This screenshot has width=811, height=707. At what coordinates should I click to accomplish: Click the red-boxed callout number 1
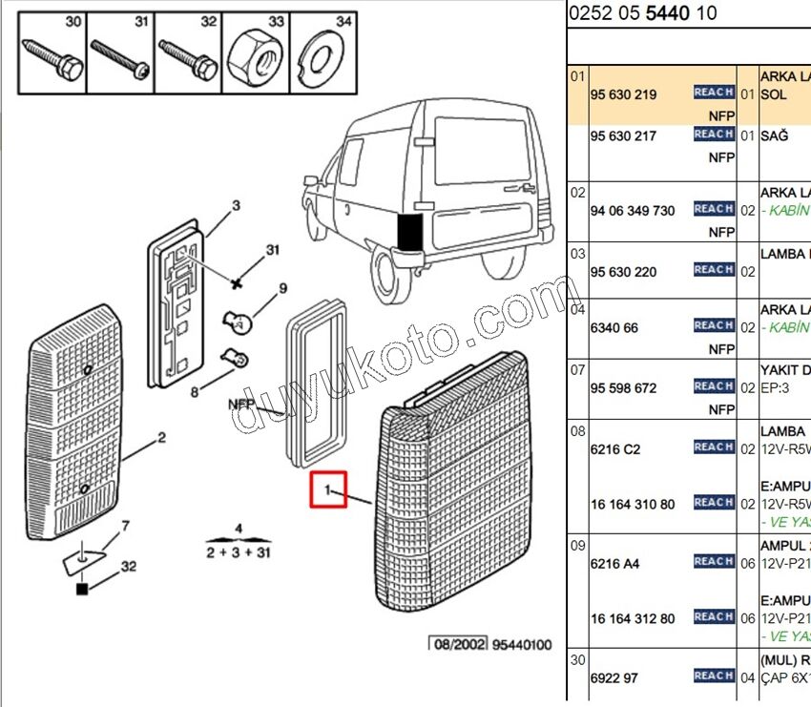point(327,490)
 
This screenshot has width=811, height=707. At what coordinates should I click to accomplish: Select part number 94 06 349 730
point(632,210)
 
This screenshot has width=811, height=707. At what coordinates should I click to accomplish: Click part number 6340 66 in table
point(614,327)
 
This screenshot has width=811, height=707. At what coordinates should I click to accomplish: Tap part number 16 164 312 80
point(632,618)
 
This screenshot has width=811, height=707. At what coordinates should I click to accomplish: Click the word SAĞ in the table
point(774,135)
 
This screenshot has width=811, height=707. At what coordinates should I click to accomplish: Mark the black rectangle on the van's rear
point(409,232)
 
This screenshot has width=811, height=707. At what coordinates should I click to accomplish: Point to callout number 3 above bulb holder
point(236,205)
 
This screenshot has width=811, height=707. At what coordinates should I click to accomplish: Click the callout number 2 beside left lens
point(161,438)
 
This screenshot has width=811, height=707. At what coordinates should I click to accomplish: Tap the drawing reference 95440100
point(522,645)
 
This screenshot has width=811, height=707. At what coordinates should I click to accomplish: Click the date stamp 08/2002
point(457,645)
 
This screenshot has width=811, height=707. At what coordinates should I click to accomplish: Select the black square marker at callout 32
point(82,589)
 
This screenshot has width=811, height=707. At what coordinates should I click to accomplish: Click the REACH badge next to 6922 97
point(713,676)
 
